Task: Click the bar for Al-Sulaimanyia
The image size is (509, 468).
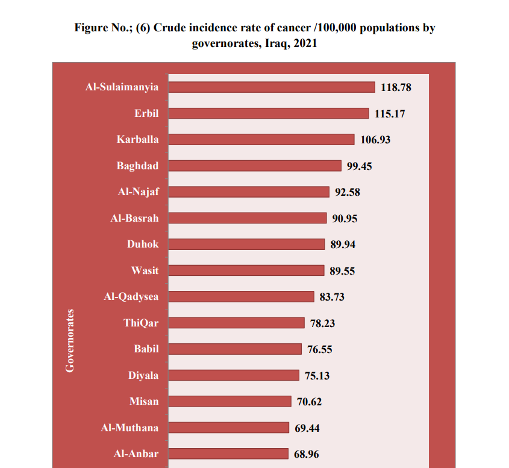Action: click(x=271, y=87)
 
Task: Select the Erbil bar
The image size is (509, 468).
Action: click(x=268, y=113)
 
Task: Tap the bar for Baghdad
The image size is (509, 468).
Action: click(x=254, y=166)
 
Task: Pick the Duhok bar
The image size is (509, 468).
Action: click(x=246, y=244)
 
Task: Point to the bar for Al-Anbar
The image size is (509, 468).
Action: click(x=228, y=454)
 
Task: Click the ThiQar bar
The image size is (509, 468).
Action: click(x=236, y=323)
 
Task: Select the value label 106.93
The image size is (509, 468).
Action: click(x=375, y=140)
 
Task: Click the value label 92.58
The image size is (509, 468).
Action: click(x=348, y=192)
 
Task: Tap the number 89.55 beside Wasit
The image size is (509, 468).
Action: click(x=342, y=271)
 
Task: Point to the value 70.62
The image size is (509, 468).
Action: click(x=310, y=402)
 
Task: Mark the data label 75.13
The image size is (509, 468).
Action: click(x=317, y=376)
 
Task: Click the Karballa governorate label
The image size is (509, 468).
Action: click(x=138, y=139)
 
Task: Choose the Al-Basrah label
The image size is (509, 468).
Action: click(x=134, y=218)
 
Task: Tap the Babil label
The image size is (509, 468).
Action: click(x=146, y=349)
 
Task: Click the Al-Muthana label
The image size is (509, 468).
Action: click(x=130, y=428)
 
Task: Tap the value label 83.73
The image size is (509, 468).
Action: click(x=332, y=297)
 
